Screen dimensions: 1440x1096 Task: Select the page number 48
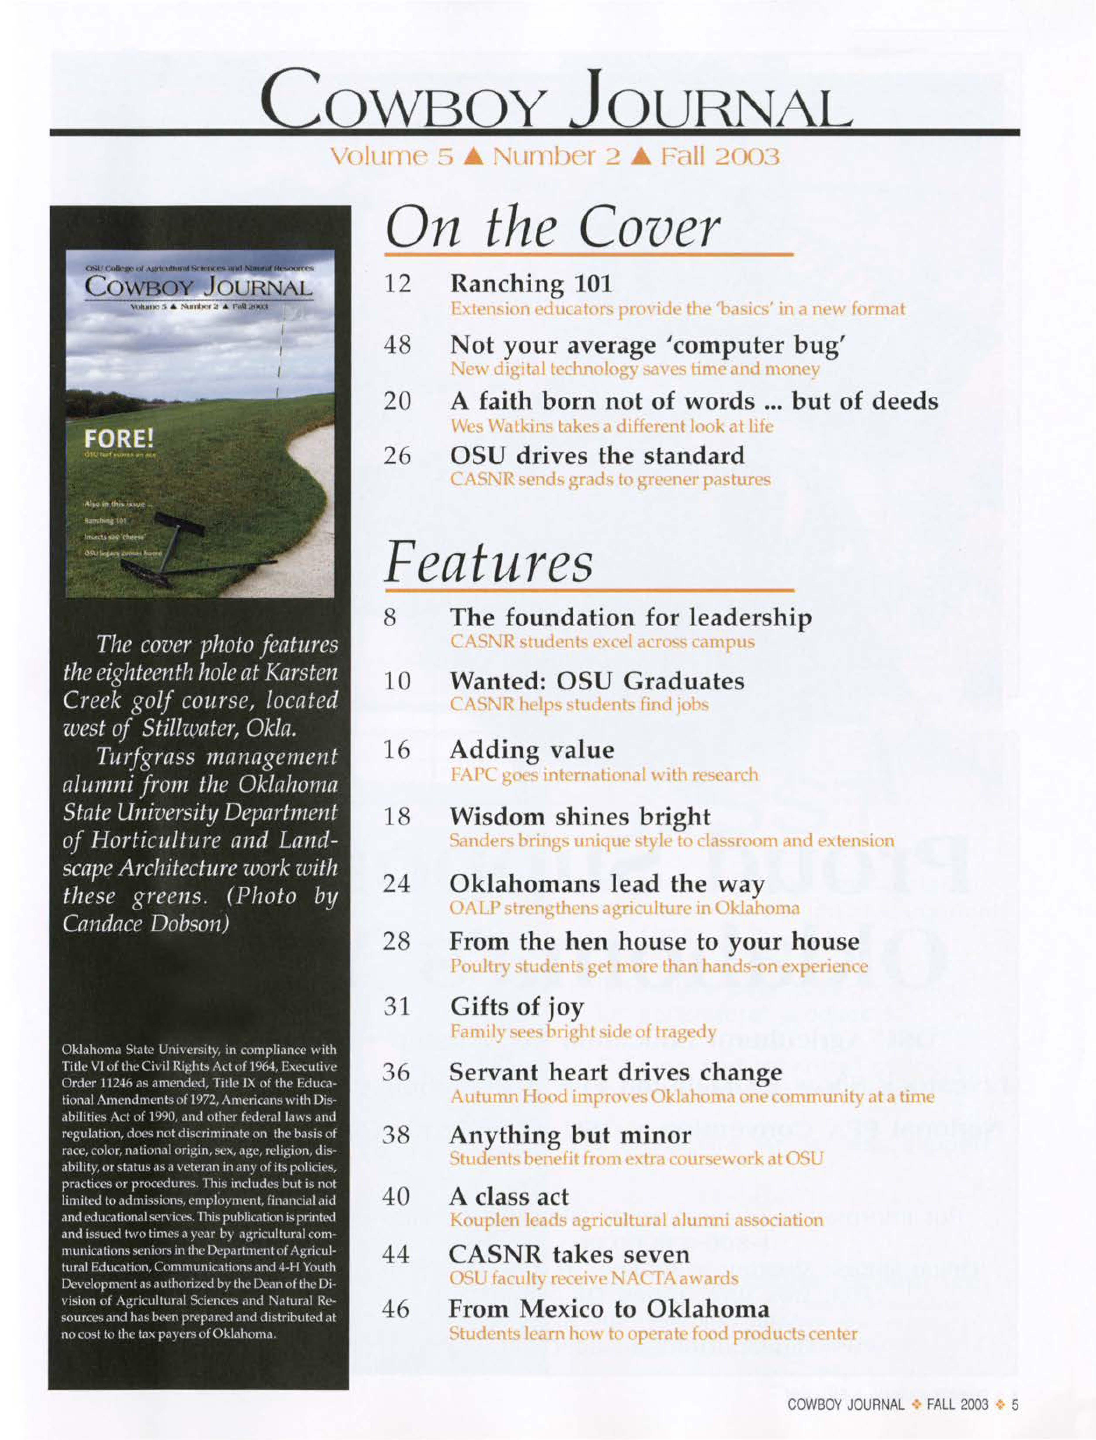397,344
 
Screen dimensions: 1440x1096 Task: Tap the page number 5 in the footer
1014,1404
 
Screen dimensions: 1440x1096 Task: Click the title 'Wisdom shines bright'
579,816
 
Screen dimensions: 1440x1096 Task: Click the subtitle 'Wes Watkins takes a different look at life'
611,426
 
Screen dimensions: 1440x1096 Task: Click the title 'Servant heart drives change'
615,1072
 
